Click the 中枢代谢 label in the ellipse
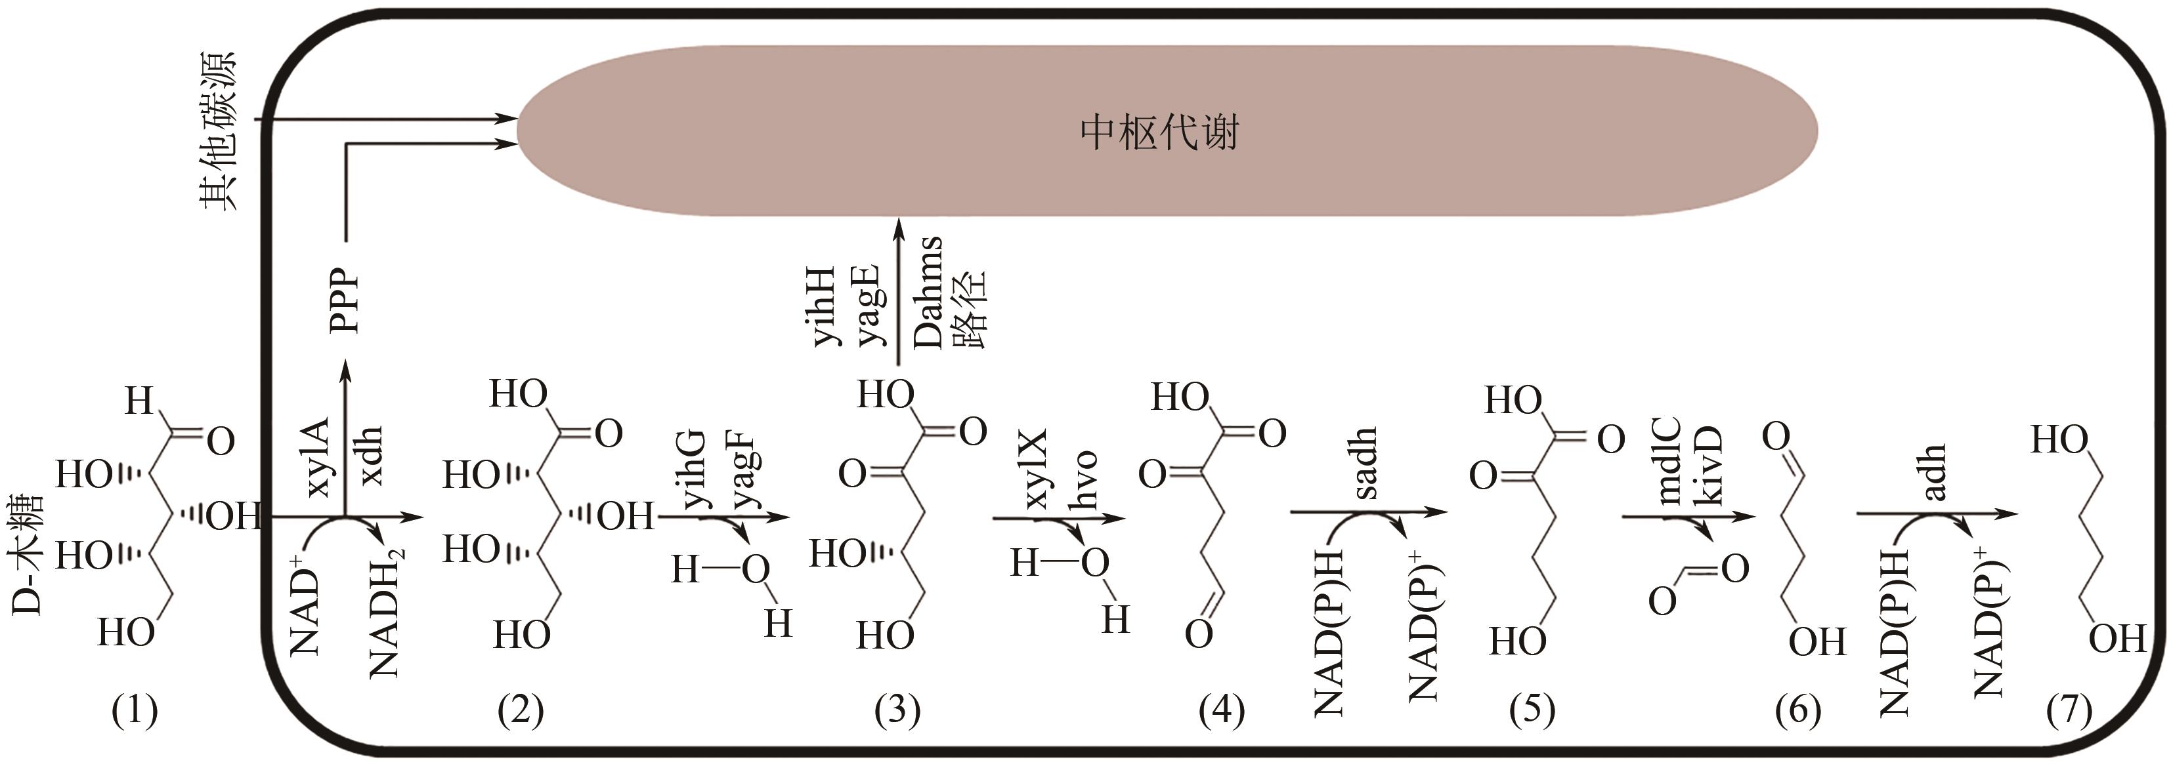1159,133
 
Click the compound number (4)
1221,712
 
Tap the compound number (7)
2069,712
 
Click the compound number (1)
135,712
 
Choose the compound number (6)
1797,712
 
